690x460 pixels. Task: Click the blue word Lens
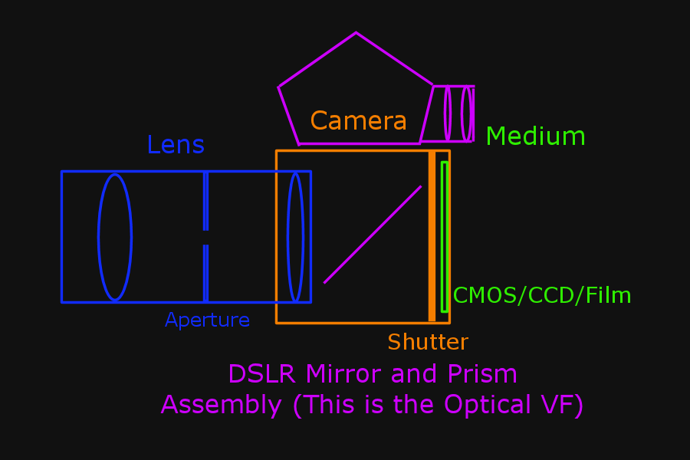(176, 145)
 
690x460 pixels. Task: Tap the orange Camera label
(358, 121)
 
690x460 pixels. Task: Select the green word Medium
(535, 136)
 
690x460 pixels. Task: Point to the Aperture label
(207, 320)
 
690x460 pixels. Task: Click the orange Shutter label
(427, 342)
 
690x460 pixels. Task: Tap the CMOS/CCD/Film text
(542, 295)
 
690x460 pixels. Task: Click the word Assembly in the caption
(222, 405)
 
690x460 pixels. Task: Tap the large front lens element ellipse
(115, 237)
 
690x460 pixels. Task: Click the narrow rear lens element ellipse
(295, 237)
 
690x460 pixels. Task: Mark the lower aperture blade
(205, 273)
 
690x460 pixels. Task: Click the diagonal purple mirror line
(373, 235)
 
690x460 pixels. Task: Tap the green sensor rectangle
(444, 237)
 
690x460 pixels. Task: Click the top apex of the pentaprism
(356, 34)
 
